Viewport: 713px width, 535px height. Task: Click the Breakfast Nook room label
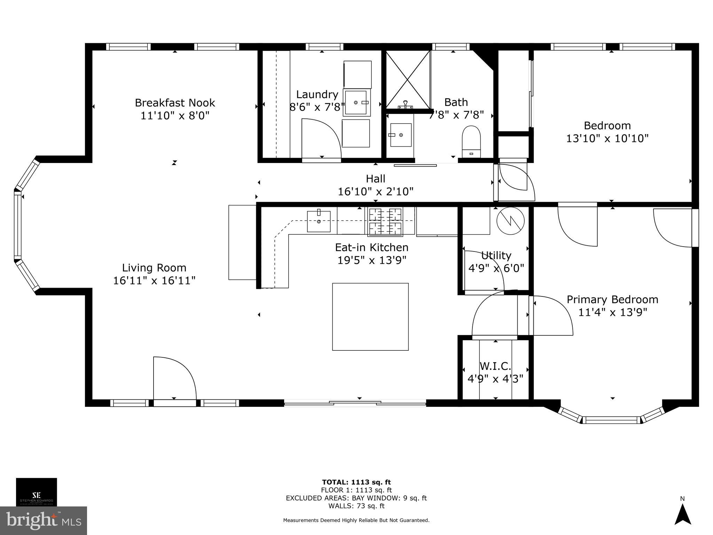point(175,103)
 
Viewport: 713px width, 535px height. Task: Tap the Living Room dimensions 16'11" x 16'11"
point(154,280)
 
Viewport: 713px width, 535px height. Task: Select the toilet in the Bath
point(471,142)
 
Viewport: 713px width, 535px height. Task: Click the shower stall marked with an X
point(408,79)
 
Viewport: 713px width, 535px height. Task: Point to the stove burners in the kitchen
point(385,221)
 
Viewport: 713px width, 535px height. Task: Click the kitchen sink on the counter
point(319,221)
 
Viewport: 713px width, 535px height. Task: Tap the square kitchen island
point(370,317)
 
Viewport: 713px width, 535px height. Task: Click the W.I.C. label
point(495,366)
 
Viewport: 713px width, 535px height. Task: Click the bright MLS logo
point(43,521)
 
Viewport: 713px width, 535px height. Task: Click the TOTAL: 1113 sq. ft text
point(356,482)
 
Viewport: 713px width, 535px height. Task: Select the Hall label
point(375,179)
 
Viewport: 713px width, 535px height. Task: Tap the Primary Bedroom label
point(612,300)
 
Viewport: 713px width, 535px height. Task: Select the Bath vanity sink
point(401,135)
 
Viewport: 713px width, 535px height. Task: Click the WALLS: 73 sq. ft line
point(356,506)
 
